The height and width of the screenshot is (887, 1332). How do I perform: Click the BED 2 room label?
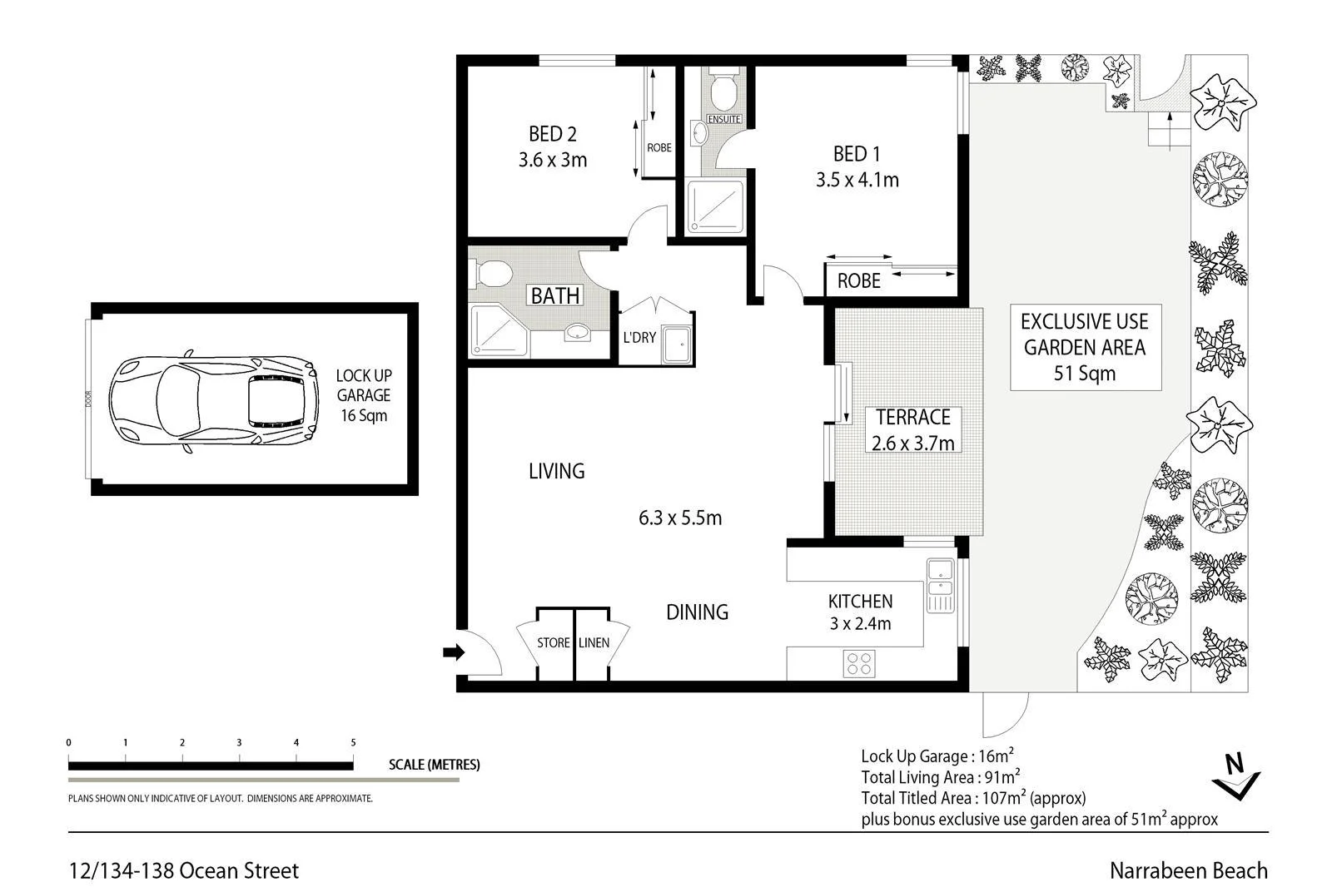[553, 134]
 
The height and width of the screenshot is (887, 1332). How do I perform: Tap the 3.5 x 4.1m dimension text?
[857, 180]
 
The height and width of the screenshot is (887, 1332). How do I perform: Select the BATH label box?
[555, 295]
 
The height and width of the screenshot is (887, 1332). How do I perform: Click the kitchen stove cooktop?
[860, 663]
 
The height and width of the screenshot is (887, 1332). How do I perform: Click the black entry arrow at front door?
[453, 652]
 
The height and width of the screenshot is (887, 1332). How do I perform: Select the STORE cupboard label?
[554, 642]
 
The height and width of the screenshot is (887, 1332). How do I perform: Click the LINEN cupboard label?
[594, 642]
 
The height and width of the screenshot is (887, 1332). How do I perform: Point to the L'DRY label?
[639, 337]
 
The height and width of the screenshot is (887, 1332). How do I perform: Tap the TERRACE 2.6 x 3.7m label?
[912, 429]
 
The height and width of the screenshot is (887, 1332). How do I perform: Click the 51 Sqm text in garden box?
[1085, 374]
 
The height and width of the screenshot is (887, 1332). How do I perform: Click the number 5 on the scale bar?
[353, 742]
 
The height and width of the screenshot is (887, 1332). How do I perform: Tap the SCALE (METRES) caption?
[434, 765]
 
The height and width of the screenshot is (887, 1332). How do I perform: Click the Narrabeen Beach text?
[1188, 870]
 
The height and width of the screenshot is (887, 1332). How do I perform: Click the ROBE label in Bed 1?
[858, 281]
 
